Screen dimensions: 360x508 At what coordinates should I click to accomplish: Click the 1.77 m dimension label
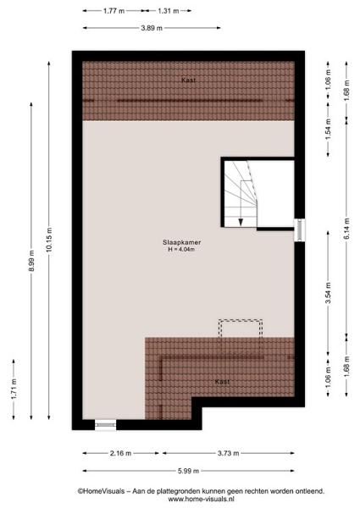(114, 11)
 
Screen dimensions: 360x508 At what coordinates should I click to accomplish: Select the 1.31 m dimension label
(169, 11)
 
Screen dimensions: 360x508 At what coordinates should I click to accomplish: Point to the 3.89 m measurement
(152, 28)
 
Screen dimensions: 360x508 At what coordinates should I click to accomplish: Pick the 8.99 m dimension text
(31, 261)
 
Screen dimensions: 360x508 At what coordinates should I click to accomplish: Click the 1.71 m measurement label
(14, 389)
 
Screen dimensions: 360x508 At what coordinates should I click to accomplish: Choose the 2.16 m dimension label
(120, 453)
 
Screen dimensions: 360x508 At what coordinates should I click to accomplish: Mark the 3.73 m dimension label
(228, 453)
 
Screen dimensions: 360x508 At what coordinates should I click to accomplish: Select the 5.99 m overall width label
(188, 471)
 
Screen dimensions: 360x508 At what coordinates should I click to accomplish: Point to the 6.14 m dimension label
(346, 229)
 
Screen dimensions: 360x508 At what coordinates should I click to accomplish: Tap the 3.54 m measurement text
(329, 294)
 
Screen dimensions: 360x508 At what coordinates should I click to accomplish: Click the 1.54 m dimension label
(329, 130)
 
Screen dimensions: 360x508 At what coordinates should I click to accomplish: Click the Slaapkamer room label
(181, 242)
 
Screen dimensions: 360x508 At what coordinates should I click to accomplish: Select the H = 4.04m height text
(181, 250)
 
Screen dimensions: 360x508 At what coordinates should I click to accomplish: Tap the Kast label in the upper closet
(188, 80)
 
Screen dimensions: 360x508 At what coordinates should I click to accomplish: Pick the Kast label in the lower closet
(222, 382)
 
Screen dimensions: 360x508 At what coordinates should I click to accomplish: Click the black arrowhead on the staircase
(241, 222)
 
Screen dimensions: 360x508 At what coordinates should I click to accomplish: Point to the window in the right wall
(300, 230)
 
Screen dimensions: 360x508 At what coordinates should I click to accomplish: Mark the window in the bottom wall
(106, 425)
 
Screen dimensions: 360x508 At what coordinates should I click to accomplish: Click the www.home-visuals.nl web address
(201, 500)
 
